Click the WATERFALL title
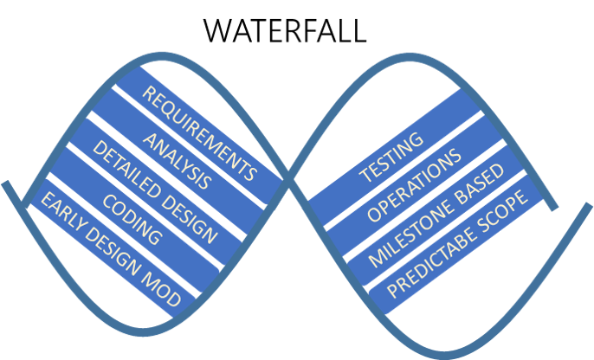click(x=285, y=30)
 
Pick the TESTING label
click(x=391, y=157)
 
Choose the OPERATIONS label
click(x=414, y=189)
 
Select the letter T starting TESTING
click(x=365, y=175)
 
